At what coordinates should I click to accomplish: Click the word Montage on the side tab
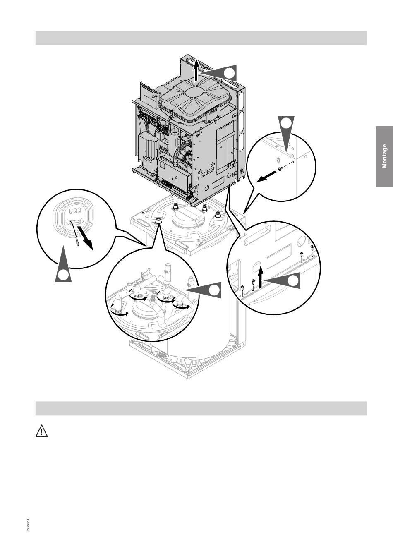(384, 156)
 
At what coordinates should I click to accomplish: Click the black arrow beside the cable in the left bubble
(85, 238)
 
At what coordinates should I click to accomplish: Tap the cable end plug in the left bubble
(78, 244)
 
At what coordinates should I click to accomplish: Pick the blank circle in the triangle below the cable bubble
(63, 275)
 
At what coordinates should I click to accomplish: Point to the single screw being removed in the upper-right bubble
(281, 169)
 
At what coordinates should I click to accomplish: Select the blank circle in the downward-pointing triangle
(286, 123)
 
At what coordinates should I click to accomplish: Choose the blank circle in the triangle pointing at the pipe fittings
(214, 290)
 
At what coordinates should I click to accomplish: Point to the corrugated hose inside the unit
(180, 152)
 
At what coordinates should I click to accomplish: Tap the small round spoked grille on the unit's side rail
(242, 171)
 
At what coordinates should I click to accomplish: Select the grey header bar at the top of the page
(201, 38)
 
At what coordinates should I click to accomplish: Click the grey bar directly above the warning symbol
(201, 408)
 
